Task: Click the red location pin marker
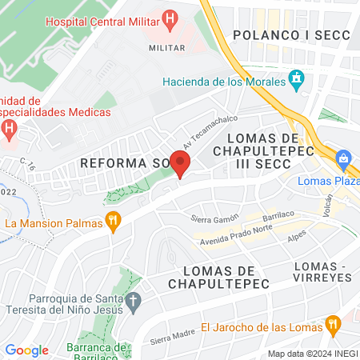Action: (x=180, y=164)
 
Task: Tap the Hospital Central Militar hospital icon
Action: (x=169, y=19)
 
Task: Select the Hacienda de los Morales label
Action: (x=223, y=82)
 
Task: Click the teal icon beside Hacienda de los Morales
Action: (x=298, y=80)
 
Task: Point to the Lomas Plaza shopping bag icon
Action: (x=345, y=158)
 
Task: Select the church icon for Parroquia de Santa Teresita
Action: (x=134, y=302)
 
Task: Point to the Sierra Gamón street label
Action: (x=215, y=218)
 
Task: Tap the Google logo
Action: (x=26, y=350)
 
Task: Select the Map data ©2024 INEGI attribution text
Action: (x=312, y=354)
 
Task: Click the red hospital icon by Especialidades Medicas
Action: (x=9, y=128)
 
